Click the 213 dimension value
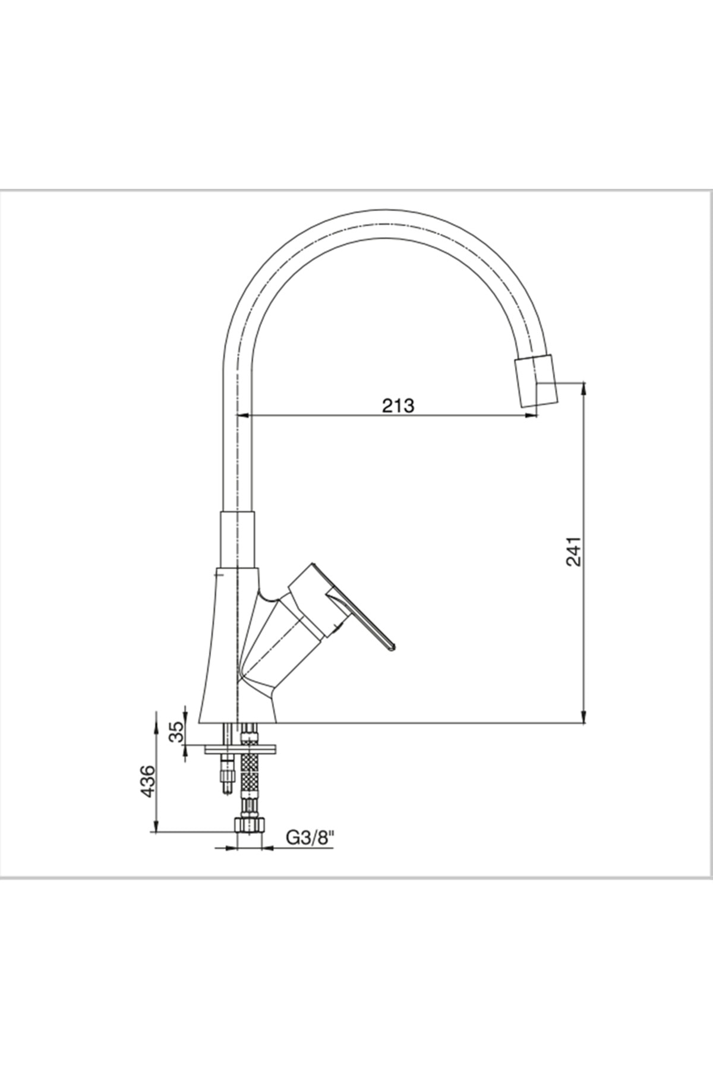[397, 406]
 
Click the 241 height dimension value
[573, 552]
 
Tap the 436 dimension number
[147, 782]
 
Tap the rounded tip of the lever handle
[391, 646]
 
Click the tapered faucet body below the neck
[229, 647]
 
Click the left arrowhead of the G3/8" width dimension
[231, 847]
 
